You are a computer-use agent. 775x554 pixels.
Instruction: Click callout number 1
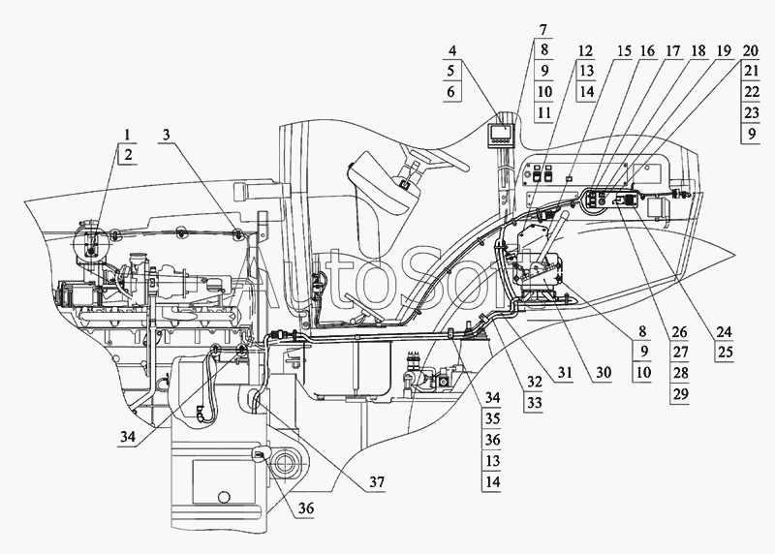click(128, 135)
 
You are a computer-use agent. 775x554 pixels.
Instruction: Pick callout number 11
click(543, 112)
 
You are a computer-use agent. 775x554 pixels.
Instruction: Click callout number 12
click(585, 50)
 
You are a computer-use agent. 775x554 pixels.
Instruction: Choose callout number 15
click(624, 50)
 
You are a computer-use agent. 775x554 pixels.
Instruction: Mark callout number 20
click(750, 50)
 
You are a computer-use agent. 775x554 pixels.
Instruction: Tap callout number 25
click(724, 353)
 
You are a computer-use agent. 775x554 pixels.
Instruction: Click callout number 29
click(680, 394)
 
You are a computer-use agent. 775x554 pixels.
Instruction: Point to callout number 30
click(603, 373)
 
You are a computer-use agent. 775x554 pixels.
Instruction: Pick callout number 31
click(564, 373)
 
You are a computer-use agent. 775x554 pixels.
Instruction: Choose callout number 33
click(534, 403)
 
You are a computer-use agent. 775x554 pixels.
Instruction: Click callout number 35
click(492, 419)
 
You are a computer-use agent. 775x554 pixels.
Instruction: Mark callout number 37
click(377, 482)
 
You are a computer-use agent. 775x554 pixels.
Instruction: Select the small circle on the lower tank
click(224, 496)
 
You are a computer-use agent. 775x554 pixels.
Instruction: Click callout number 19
click(724, 50)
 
